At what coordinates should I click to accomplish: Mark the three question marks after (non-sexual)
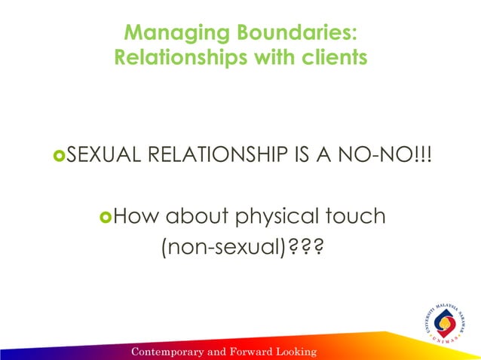pos(303,246)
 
